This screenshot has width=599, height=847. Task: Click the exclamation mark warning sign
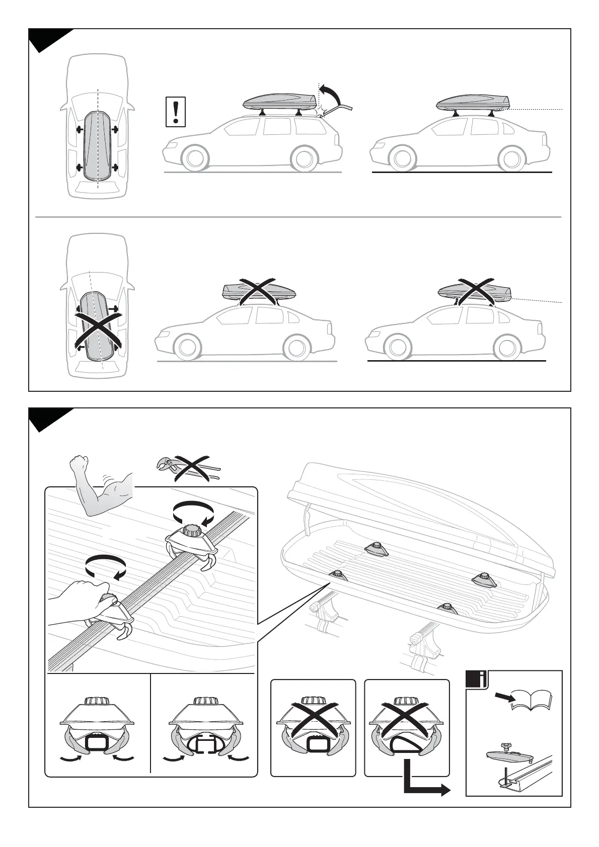click(176, 112)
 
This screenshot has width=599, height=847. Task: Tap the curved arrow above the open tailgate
click(332, 93)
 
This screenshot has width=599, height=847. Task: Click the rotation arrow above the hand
click(105, 567)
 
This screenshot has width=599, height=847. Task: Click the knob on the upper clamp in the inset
click(191, 531)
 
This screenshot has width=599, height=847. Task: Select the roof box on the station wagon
click(280, 103)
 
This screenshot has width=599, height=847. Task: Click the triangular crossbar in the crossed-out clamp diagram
click(407, 745)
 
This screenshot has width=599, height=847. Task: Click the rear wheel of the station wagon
click(304, 158)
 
